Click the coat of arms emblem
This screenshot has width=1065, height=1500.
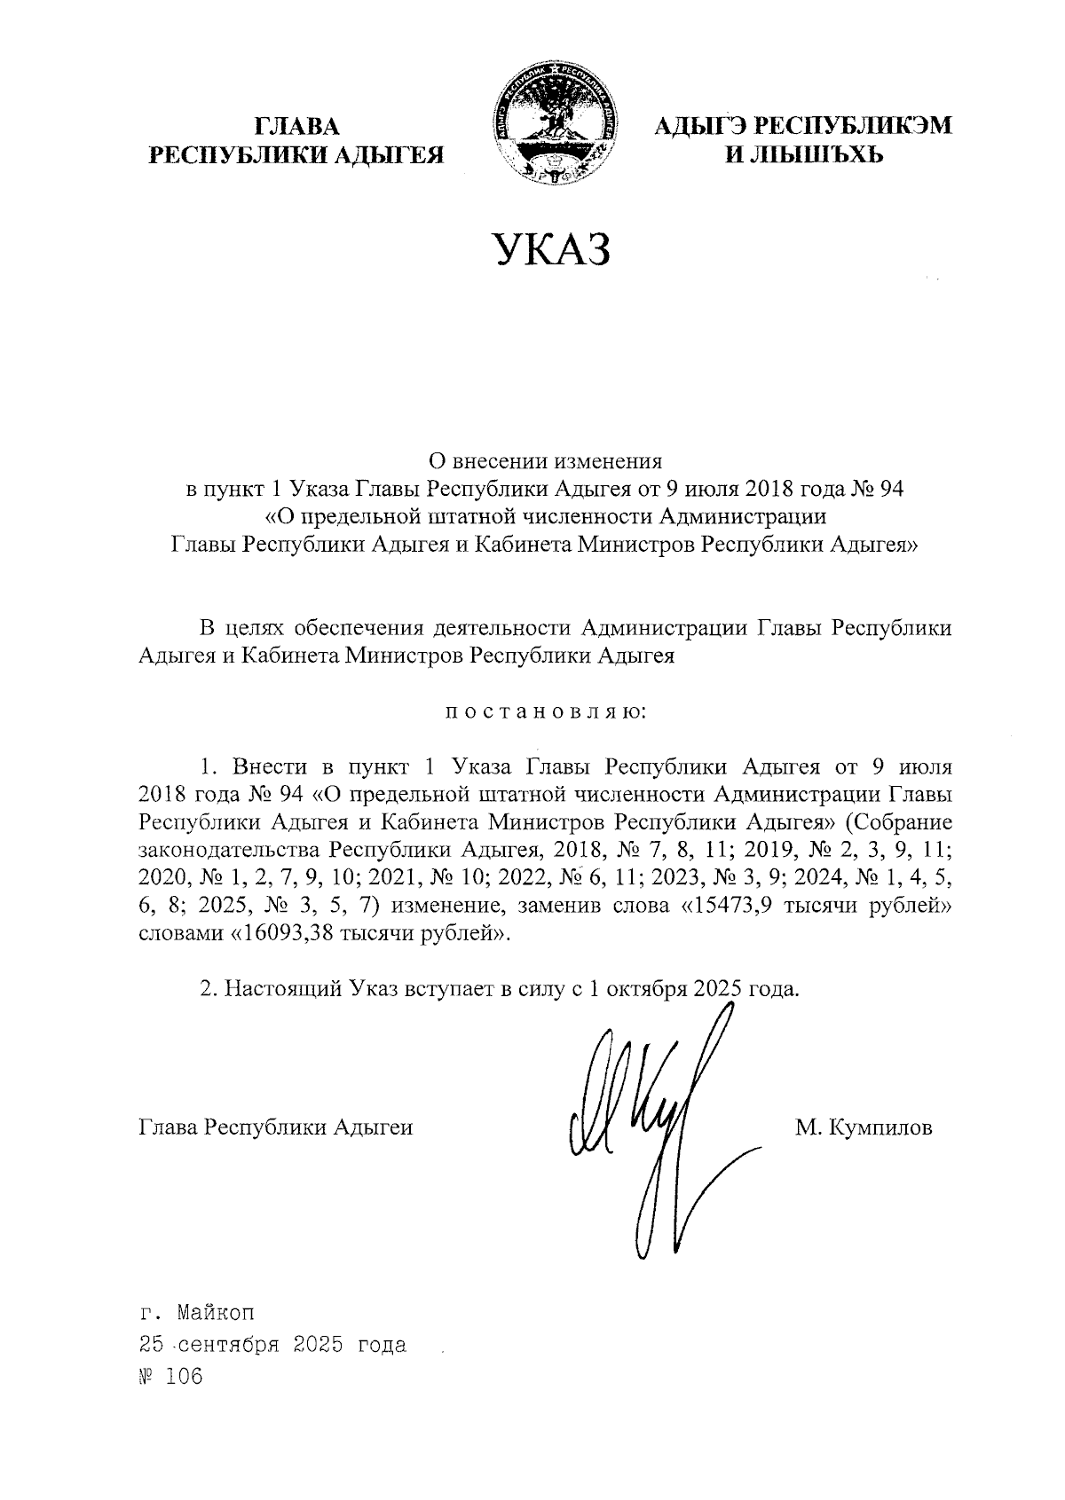tap(555, 127)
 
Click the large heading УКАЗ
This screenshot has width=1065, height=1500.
tap(553, 250)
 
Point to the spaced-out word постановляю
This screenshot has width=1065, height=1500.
tap(544, 711)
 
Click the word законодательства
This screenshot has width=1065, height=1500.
tap(230, 849)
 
